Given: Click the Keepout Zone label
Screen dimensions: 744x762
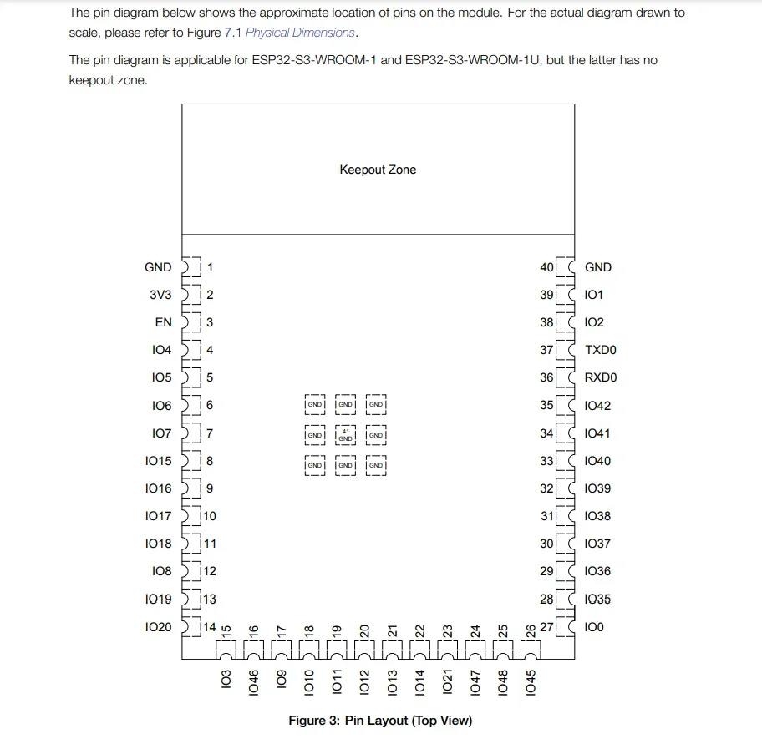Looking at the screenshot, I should (378, 170).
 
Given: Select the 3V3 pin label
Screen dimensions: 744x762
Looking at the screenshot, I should (160, 295).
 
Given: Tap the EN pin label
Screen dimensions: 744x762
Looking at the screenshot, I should (163, 322).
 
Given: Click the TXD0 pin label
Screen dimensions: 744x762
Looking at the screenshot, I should (601, 350).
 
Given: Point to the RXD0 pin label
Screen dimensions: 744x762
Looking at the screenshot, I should (601, 377).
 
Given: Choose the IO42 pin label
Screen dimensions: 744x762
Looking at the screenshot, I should (597, 405).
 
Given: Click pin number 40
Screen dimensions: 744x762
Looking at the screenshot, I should (547, 267).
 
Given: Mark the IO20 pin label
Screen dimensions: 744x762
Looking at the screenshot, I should (158, 626).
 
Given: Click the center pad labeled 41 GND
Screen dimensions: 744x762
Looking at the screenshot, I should (345, 435).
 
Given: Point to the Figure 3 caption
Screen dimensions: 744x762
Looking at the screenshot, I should (380, 720).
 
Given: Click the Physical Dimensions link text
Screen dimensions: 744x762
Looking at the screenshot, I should (301, 33).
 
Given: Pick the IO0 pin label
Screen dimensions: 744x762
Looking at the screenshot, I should (594, 626).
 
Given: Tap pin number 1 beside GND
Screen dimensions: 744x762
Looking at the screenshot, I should (210, 267).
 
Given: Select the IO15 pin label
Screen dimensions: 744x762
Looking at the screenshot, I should (158, 461).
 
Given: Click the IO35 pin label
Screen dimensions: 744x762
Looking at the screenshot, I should (597, 599).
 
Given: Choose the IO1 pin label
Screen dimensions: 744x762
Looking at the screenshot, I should (594, 295).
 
